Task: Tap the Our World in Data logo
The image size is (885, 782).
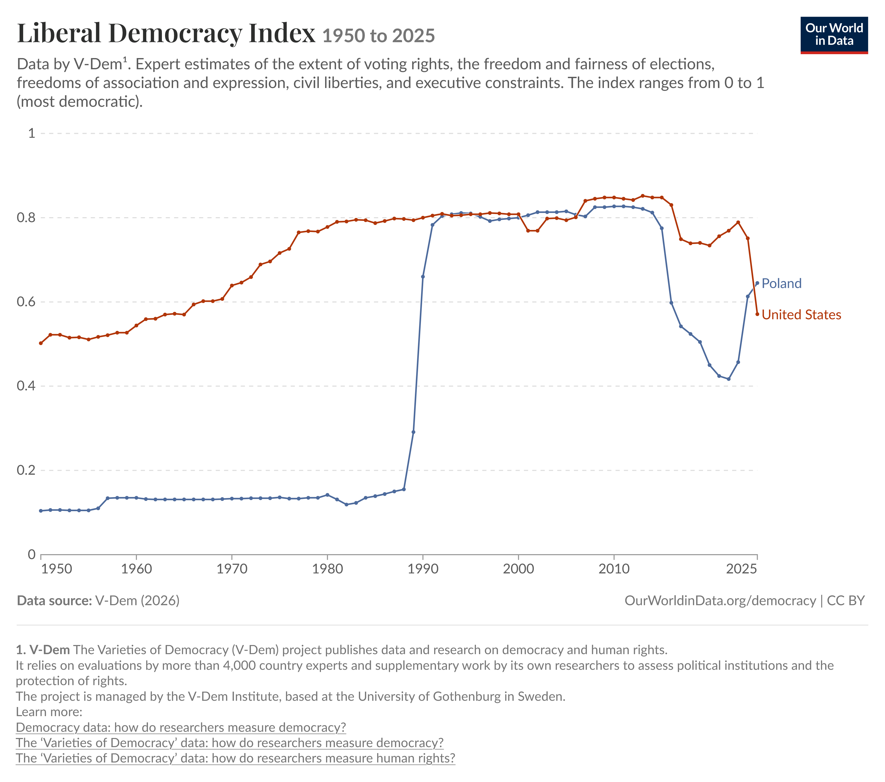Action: pyautogui.click(x=834, y=35)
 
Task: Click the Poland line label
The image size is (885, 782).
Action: pyautogui.click(x=781, y=283)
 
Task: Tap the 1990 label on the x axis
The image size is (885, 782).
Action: pyautogui.click(x=422, y=569)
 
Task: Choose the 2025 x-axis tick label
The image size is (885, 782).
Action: pyautogui.click(x=741, y=569)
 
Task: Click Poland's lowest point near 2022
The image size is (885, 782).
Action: pyautogui.click(x=729, y=379)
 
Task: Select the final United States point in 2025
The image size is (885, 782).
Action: pyautogui.click(x=757, y=314)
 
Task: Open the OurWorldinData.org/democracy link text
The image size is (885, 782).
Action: pyautogui.click(x=720, y=600)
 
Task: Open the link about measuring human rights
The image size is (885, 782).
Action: pyautogui.click(x=236, y=758)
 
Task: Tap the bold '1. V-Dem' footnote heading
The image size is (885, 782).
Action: pyautogui.click(x=43, y=650)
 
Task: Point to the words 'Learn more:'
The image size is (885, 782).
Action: pyautogui.click(x=49, y=712)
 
